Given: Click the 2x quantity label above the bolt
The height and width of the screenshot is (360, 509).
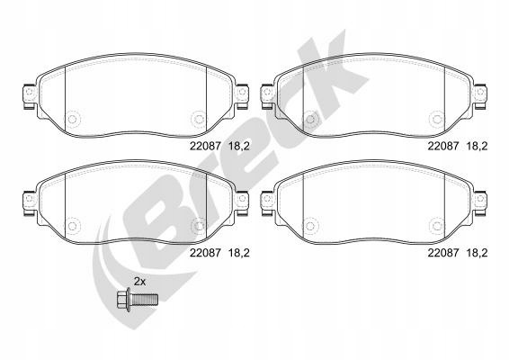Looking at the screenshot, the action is [140, 282].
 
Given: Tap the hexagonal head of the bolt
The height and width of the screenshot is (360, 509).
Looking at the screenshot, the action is [123, 300].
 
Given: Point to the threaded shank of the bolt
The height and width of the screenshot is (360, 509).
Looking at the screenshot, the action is [144, 300].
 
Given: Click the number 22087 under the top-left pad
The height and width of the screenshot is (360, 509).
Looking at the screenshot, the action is [205, 146].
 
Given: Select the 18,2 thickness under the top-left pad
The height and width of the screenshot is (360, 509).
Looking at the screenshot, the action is [239, 147].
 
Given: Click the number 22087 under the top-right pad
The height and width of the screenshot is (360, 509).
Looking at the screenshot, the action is [443, 146].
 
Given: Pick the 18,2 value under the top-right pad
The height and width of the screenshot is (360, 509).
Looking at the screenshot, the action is [477, 147].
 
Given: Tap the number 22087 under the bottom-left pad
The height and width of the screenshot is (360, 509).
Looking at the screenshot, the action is [205, 253].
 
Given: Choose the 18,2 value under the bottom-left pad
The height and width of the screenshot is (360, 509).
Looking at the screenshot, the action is [239, 253].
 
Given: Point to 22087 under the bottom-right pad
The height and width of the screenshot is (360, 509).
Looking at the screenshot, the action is [443, 253].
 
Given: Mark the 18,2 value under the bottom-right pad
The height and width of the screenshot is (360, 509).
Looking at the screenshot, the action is [477, 253].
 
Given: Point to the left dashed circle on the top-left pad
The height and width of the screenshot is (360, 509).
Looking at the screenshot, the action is [72, 119].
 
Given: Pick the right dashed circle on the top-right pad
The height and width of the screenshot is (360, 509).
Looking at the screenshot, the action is [437, 119].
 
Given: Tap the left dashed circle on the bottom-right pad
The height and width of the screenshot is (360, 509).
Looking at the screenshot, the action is [310, 226].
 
